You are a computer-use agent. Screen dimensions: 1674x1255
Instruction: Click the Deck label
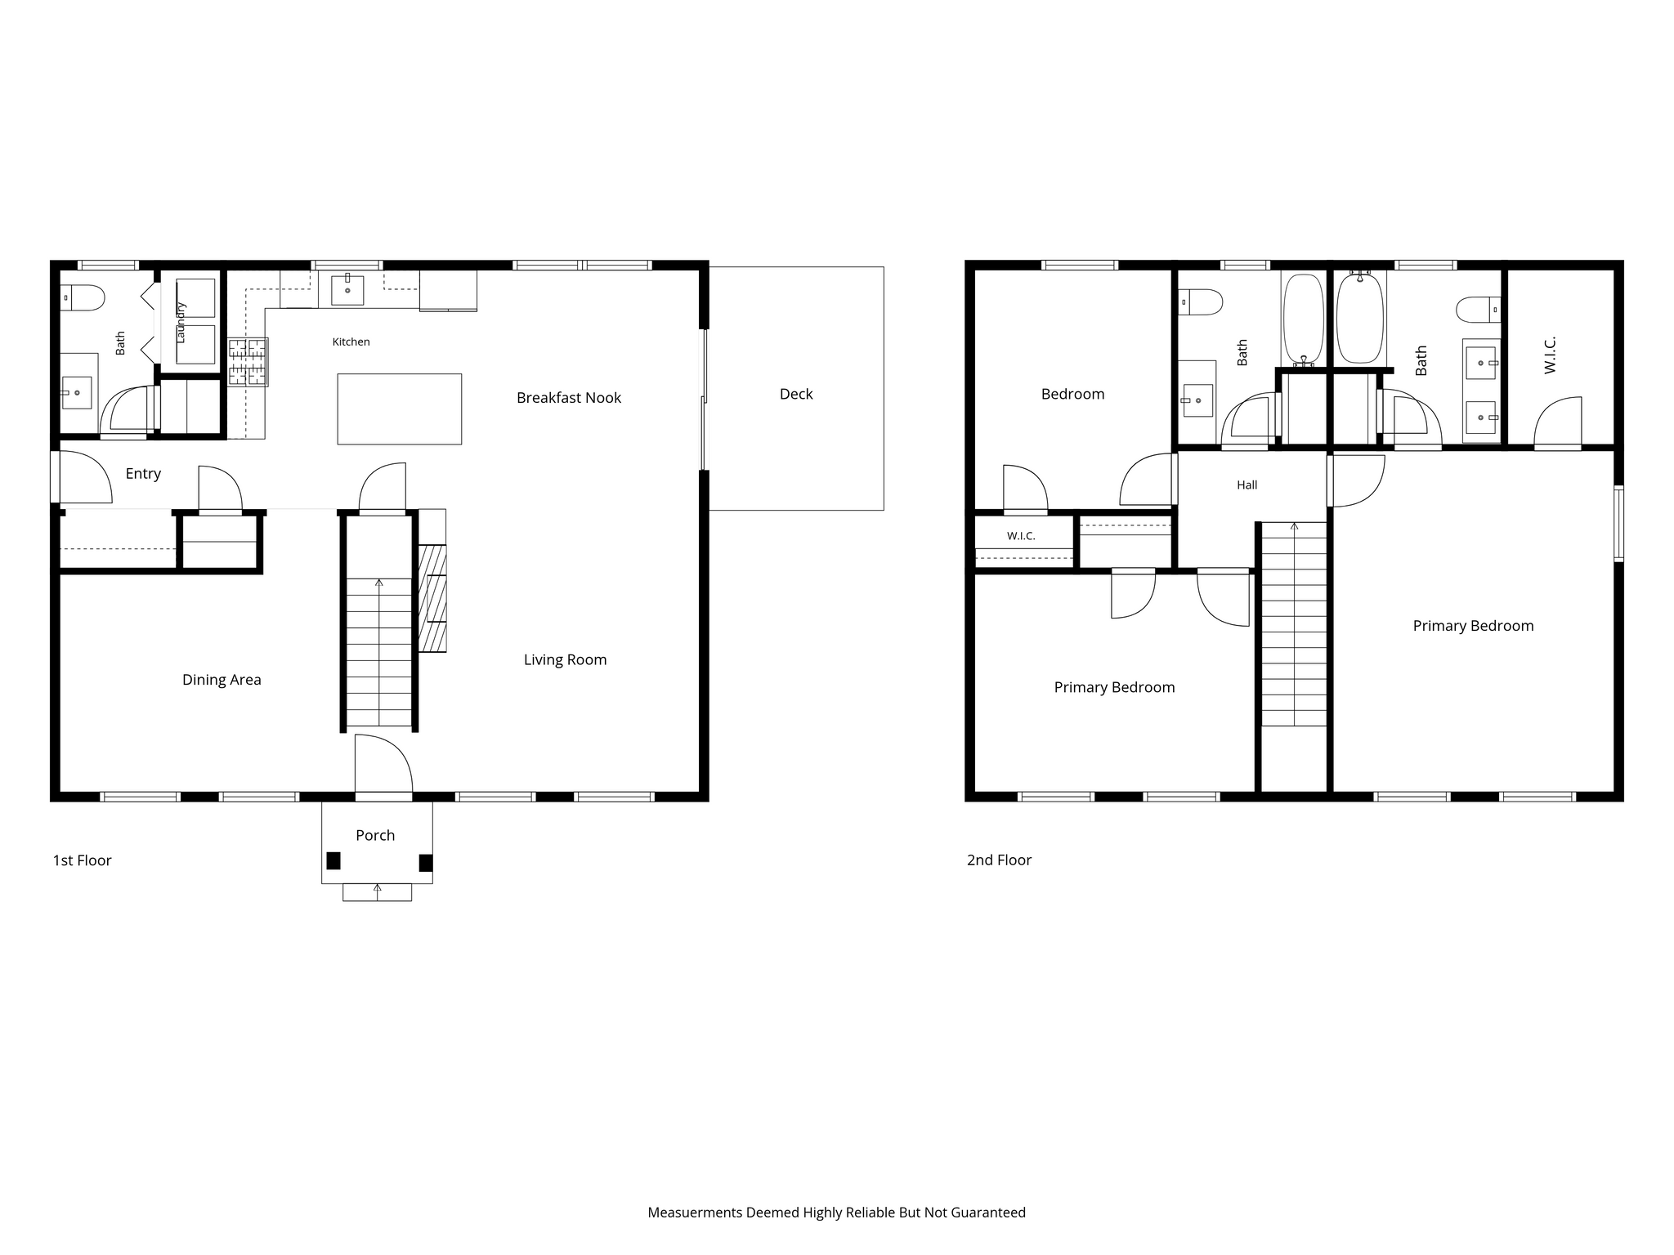coord(796,394)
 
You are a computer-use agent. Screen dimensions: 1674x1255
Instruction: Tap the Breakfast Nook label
coord(569,398)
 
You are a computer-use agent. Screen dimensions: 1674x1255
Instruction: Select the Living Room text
coord(566,660)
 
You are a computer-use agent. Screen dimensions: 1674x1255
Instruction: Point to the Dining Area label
coord(222,680)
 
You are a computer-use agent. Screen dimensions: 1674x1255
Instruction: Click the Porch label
coord(375,835)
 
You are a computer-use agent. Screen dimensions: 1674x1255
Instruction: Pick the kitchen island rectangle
coord(400,409)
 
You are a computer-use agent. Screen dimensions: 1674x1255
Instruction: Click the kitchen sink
coord(347,290)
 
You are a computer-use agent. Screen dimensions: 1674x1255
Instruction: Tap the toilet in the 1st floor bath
coord(83,297)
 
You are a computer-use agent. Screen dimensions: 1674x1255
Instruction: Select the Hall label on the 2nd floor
coord(1247,485)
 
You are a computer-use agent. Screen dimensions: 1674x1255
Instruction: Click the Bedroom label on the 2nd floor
coord(1072,394)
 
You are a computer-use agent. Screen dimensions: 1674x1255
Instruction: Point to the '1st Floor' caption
coord(82,860)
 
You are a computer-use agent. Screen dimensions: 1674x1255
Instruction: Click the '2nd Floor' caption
coord(999,860)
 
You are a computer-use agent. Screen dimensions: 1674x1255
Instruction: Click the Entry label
coord(143,474)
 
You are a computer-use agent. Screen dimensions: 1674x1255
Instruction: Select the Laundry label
coord(181,322)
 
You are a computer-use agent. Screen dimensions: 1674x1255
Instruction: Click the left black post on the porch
coord(333,860)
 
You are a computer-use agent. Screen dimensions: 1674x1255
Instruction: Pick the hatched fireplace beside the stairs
coord(432,599)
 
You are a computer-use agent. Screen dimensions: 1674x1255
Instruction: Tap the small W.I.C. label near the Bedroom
coord(1021,536)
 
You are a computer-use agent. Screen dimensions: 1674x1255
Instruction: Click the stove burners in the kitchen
coord(248,362)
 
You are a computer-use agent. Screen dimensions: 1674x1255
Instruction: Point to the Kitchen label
coord(351,342)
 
